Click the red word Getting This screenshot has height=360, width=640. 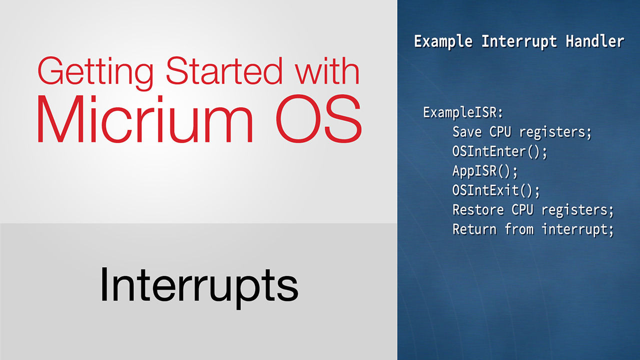(x=96, y=73)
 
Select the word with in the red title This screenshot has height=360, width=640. (x=327, y=70)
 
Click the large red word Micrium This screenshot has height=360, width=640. (x=145, y=119)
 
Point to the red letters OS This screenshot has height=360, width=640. (x=319, y=119)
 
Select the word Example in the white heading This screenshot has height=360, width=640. (x=443, y=42)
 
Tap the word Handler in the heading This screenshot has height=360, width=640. (x=595, y=41)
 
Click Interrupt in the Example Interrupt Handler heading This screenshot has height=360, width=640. (x=519, y=42)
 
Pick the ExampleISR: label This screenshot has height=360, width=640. (x=463, y=112)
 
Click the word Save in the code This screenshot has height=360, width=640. (x=467, y=132)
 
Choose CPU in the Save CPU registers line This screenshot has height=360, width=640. (x=500, y=132)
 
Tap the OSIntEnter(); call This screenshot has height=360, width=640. (x=499, y=151)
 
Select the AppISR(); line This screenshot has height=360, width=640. (x=485, y=171)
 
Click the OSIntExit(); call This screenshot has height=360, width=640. (x=496, y=190)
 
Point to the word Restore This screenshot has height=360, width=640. (x=478, y=210)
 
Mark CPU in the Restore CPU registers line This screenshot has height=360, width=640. (x=522, y=210)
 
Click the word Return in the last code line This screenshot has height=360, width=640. (x=474, y=229)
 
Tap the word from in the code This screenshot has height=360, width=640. (x=519, y=229)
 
